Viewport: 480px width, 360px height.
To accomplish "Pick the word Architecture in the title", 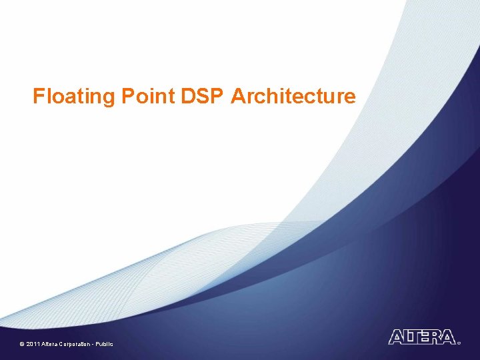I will (293, 97).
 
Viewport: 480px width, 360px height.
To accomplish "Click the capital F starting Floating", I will (39, 97).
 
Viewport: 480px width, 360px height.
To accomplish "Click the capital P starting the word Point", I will (127, 97).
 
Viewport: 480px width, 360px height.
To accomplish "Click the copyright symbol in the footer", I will (22, 344).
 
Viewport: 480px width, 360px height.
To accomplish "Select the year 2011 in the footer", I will (33, 344).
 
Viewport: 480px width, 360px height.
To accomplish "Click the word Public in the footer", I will (105, 344).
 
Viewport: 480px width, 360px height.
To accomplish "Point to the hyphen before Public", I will (95, 344).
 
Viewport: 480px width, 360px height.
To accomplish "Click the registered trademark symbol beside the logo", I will (459, 343).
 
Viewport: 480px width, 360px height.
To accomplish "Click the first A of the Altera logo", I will (395, 337).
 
